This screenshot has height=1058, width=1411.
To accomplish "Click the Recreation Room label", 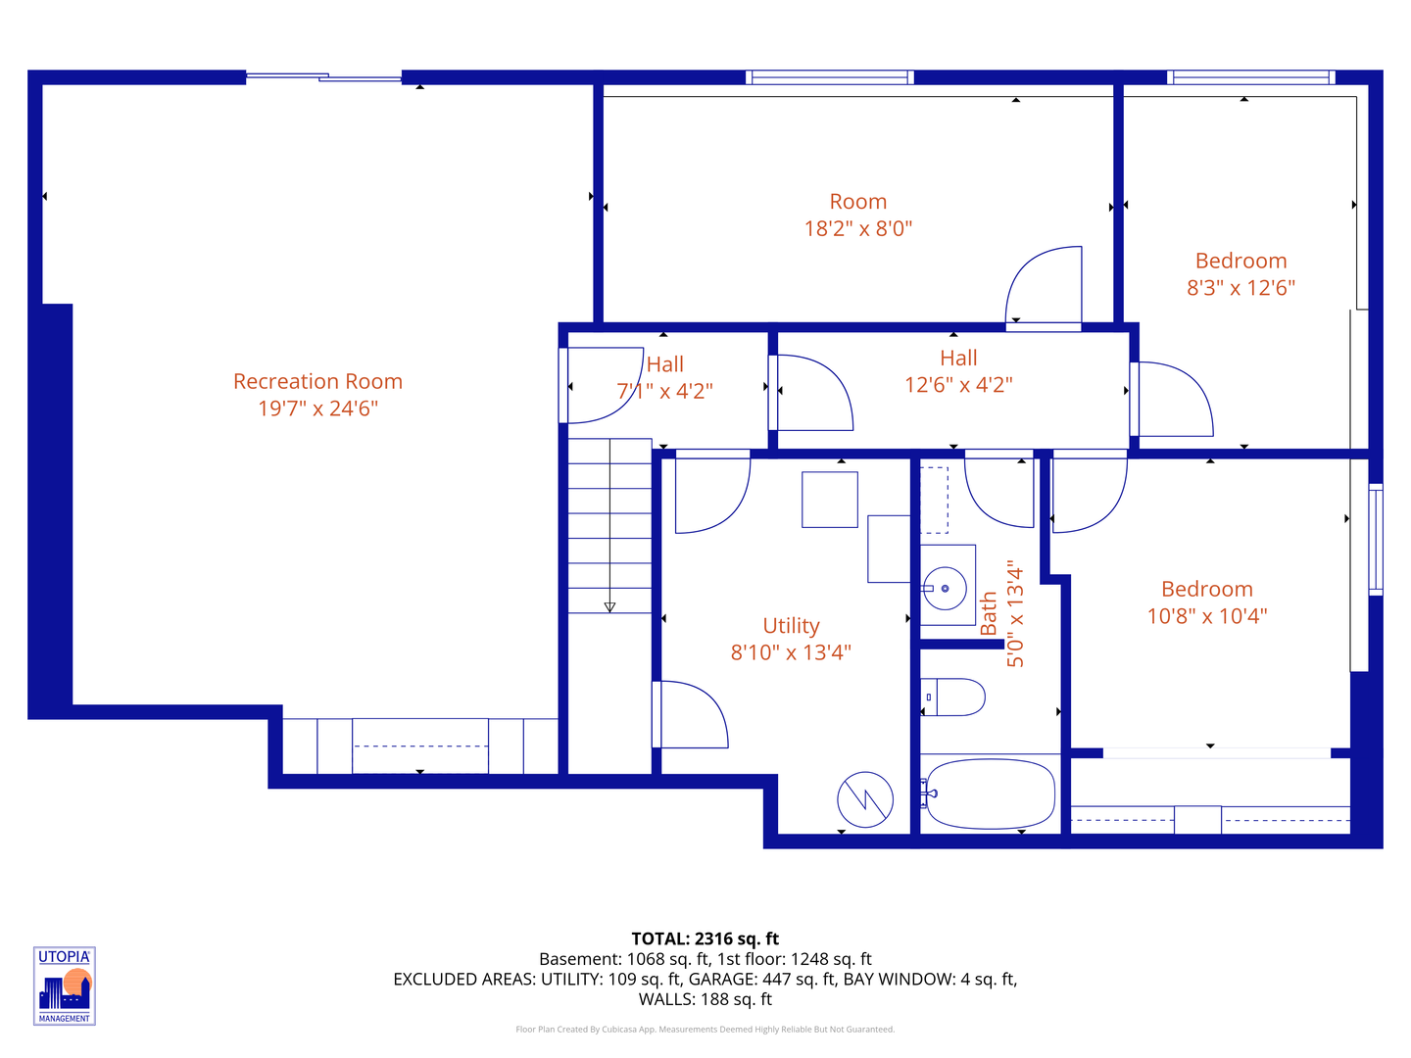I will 317,382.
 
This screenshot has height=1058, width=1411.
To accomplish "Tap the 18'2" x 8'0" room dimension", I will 857,229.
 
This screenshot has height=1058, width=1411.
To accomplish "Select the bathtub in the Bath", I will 990,793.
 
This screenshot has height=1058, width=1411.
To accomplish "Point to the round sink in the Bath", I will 946,589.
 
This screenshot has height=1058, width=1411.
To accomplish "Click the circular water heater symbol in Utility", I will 865,799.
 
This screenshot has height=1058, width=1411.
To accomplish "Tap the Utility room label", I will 791,626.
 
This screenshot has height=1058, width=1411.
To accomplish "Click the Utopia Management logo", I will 65,986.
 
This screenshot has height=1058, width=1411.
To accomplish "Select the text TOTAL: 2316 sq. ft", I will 705,938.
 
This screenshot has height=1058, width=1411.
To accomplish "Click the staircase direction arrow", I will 609,606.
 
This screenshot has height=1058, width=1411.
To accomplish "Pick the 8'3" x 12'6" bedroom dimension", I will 1241,288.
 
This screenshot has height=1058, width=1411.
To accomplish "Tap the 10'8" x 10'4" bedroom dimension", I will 1206,616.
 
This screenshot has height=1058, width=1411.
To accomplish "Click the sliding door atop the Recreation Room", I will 323,77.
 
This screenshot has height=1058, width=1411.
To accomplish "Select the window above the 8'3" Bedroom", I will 1250,77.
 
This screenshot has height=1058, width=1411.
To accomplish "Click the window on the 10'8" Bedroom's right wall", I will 1376,539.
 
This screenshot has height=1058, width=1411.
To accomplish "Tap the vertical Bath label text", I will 989,613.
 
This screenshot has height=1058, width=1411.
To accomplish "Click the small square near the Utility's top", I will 830,500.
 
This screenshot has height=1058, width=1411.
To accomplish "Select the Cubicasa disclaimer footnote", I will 705,1030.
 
